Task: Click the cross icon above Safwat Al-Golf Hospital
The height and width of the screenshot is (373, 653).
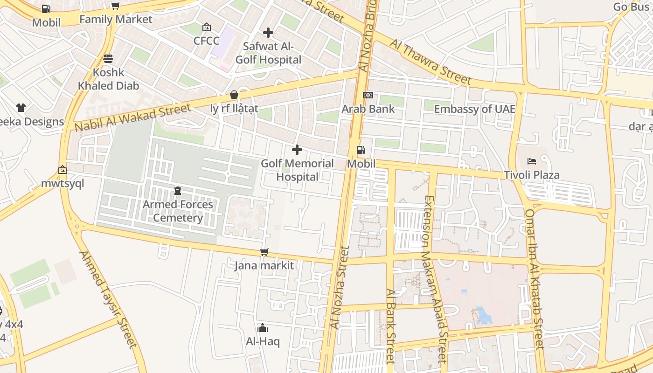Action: (268, 33)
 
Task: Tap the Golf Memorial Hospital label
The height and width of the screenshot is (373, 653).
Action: (297, 170)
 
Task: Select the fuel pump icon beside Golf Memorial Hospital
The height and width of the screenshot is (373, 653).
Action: (361, 150)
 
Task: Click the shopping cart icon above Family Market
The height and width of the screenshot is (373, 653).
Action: (115, 6)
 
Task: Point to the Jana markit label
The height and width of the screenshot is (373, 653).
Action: (264, 266)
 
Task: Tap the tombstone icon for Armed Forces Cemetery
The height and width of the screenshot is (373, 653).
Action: (178, 191)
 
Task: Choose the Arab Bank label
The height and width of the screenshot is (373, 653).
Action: (368, 109)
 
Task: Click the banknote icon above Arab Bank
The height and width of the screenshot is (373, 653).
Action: (368, 95)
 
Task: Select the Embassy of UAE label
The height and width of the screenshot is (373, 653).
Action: (474, 109)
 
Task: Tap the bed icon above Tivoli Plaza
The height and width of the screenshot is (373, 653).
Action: (531, 161)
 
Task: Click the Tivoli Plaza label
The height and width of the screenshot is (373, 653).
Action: (531, 175)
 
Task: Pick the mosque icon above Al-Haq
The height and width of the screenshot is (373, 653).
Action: (263, 328)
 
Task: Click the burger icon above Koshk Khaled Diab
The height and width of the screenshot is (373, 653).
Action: (108, 59)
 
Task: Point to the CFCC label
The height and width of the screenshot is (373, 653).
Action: (206, 41)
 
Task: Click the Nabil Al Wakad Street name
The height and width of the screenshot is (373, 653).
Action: (132, 118)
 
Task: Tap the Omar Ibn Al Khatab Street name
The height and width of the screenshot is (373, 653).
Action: (535, 279)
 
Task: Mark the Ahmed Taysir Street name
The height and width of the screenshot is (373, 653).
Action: (108, 299)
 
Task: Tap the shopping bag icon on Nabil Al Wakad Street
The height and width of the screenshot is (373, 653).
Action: (234, 95)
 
